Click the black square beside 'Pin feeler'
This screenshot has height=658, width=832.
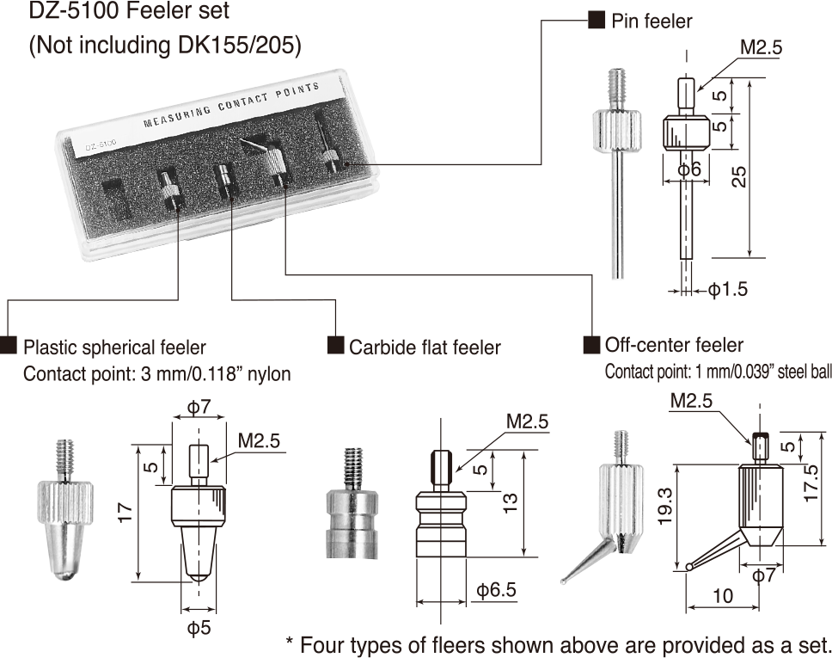point(596,21)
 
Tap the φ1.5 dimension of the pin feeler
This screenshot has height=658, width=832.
point(728,290)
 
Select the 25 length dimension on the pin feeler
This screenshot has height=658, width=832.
point(738,176)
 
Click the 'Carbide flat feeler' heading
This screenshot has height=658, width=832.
point(425,347)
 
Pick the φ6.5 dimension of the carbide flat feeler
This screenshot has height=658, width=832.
point(496,589)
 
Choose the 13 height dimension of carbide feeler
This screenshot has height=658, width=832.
point(510,503)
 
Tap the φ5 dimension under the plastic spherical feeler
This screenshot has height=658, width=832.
point(199,628)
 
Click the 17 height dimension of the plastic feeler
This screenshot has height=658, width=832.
point(125,513)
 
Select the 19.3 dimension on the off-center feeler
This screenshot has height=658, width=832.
point(665,507)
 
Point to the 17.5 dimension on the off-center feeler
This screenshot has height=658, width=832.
point(811,483)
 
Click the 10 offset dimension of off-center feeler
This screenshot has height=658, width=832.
point(723,596)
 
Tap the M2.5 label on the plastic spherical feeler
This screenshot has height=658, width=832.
point(259,440)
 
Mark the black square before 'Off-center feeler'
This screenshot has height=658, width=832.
point(591,345)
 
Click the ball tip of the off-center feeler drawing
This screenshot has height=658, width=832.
point(689,567)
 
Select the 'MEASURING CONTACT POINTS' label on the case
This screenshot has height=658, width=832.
point(231,105)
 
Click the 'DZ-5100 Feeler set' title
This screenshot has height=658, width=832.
point(129,10)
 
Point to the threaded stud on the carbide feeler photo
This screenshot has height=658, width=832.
point(354,469)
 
